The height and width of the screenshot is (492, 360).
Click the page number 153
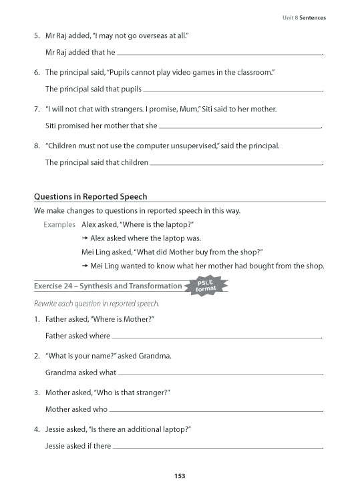pos(180,476)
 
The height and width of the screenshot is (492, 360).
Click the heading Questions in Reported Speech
pos(90,196)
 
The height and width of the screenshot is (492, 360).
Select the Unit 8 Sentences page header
pos(303,17)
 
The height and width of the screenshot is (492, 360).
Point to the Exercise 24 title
pos(107,286)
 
